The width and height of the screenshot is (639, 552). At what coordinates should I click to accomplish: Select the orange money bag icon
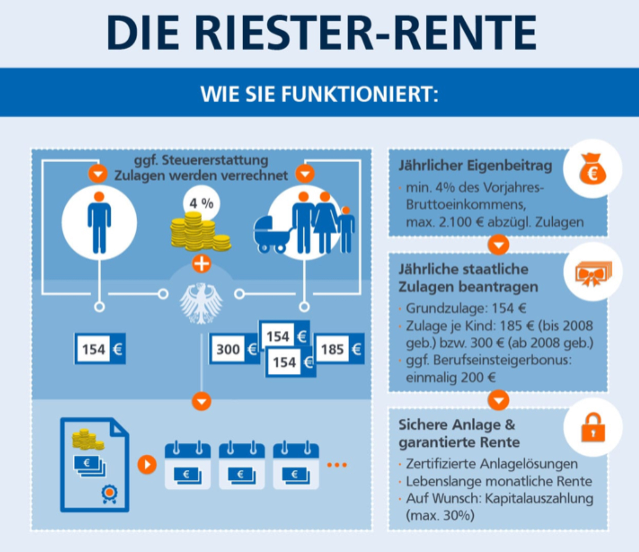point(592,169)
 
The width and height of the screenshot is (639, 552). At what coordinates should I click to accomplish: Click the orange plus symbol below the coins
point(201,263)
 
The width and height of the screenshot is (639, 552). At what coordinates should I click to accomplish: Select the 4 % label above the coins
point(201,203)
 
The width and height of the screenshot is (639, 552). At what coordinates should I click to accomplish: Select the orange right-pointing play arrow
point(147,464)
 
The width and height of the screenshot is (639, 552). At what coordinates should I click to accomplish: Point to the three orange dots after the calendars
point(337,465)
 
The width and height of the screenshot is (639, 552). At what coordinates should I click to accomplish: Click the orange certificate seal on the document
point(109,493)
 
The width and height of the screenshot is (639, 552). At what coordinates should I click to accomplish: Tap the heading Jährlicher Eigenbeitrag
point(475,166)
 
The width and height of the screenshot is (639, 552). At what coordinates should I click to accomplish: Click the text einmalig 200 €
point(450,378)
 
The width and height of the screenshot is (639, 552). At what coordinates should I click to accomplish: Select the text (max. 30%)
point(440,516)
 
